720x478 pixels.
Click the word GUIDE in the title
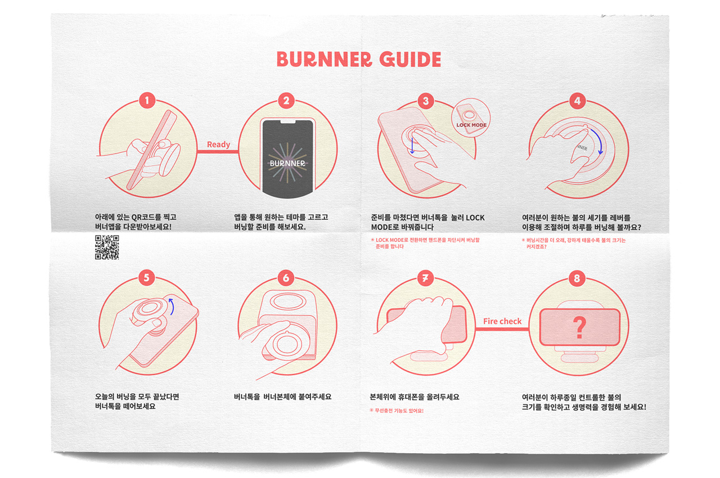click(x=410, y=60)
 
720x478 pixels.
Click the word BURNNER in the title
click(x=325, y=60)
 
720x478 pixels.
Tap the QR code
click(x=107, y=247)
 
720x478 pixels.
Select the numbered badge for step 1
click(x=147, y=101)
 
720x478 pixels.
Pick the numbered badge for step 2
click(x=286, y=101)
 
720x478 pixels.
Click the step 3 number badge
click(x=426, y=101)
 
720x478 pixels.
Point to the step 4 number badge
click(x=577, y=101)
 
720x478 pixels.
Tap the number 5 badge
click(x=147, y=278)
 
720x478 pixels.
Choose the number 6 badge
click(x=286, y=278)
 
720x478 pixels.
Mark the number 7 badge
click(x=425, y=278)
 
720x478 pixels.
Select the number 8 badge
click(x=577, y=278)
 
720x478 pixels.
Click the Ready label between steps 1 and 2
click(x=219, y=145)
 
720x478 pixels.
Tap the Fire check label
click(x=502, y=321)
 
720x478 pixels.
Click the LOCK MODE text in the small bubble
click(x=471, y=125)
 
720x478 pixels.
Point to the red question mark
click(x=580, y=327)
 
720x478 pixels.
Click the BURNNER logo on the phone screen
click(x=287, y=163)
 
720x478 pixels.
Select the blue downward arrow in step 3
click(x=412, y=146)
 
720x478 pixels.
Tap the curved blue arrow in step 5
click(x=172, y=306)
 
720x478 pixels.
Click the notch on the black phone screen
click(x=288, y=121)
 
